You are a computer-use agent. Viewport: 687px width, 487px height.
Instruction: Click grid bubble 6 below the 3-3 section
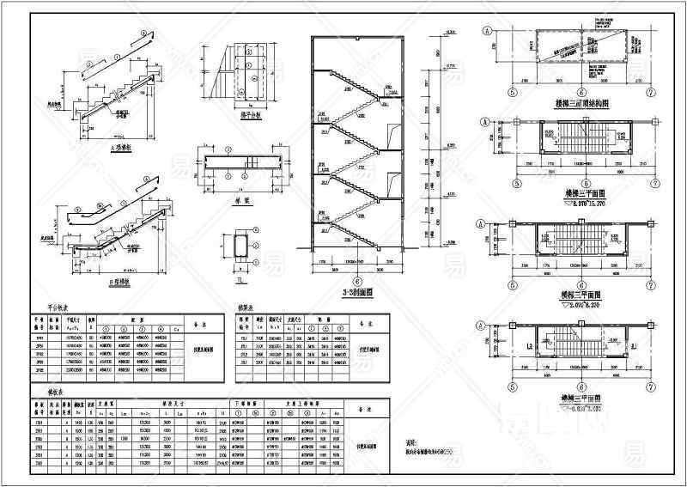pyautogui.click(x=354, y=280)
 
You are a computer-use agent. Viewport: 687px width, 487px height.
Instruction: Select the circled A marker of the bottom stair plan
pyautogui.click(x=488, y=326)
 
